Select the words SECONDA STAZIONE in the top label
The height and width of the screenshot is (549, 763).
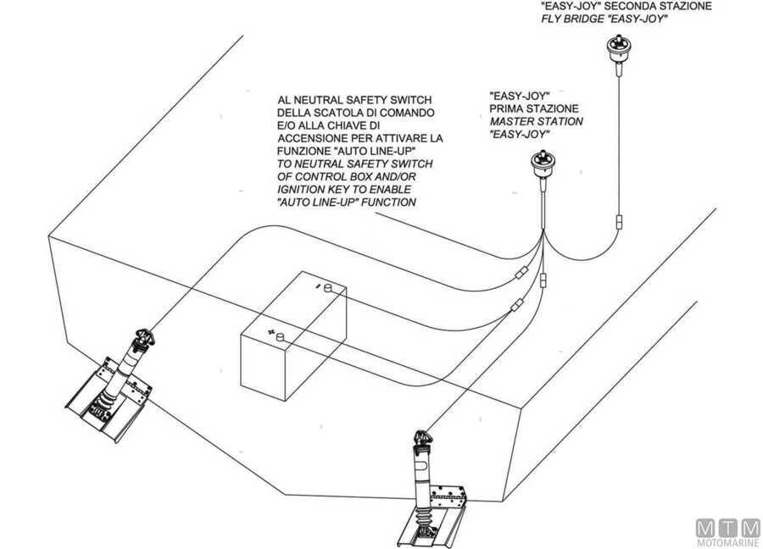click(682, 5)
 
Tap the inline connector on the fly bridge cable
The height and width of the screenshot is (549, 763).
click(621, 222)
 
